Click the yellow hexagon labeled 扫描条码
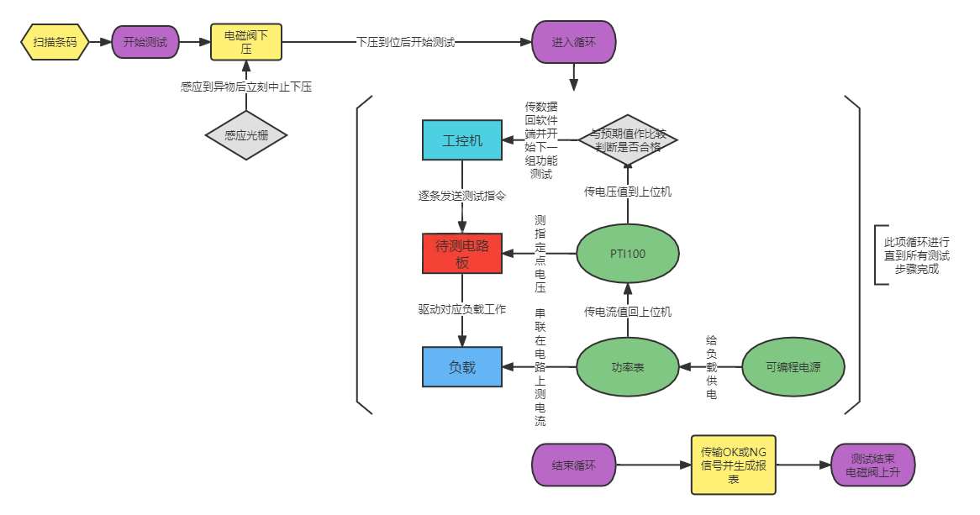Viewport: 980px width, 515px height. (55, 42)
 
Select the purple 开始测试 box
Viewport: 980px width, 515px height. (145, 42)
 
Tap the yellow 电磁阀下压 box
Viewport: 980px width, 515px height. (246, 42)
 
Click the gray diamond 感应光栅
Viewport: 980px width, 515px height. (246, 134)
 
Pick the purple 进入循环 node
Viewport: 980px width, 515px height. (574, 42)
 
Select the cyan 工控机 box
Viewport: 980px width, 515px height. (462, 140)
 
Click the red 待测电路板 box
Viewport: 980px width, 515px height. (462, 254)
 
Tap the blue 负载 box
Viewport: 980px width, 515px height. (462, 367)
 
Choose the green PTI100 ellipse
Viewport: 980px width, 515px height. (628, 254)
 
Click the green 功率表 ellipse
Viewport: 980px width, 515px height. (628, 367)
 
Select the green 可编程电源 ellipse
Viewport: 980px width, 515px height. (793, 367)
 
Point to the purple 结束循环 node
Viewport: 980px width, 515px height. (574, 465)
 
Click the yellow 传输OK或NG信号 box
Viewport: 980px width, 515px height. (734, 465)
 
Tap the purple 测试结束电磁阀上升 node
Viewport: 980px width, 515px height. (872, 465)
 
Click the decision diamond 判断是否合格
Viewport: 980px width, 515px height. (628, 139)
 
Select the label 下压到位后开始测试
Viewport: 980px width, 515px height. (405, 42)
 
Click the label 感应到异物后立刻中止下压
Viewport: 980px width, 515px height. (246, 87)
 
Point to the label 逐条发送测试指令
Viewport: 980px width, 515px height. (462, 196)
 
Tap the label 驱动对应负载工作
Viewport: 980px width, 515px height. (462, 309)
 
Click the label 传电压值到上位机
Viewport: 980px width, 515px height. (628, 192)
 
